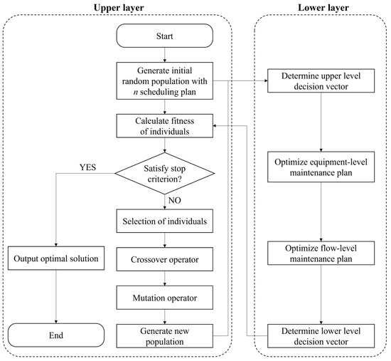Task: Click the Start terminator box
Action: click(x=165, y=35)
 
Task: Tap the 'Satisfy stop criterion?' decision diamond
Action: click(x=165, y=172)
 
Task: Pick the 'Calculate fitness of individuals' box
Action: click(x=165, y=127)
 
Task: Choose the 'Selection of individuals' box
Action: click(x=165, y=222)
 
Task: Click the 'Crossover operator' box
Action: click(x=165, y=257)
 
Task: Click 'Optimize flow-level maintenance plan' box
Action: click(x=320, y=253)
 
